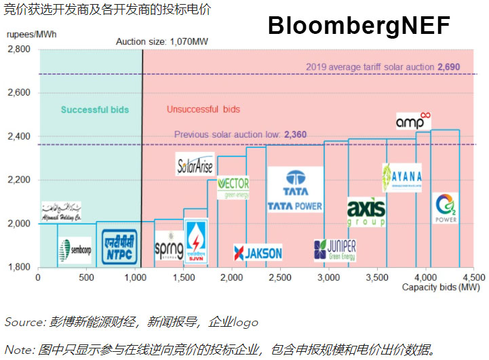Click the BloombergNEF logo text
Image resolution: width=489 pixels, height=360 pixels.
[x=359, y=26]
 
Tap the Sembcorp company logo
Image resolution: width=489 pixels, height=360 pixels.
[x=74, y=249]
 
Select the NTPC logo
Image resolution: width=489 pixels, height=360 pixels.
[x=121, y=247]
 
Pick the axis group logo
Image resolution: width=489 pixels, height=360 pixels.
[x=366, y=212]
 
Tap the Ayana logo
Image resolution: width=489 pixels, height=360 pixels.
[x=402, y=178]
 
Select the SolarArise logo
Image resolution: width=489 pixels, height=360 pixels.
[x=195, y=165]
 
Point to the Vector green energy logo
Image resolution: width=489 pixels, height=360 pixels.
[x=233, y=187]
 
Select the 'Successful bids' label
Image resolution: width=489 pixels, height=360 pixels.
[x=94, y=110]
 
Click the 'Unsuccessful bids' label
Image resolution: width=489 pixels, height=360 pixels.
[x=203, y=109]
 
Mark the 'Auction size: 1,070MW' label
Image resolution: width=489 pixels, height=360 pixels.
[x=161, y=41]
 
